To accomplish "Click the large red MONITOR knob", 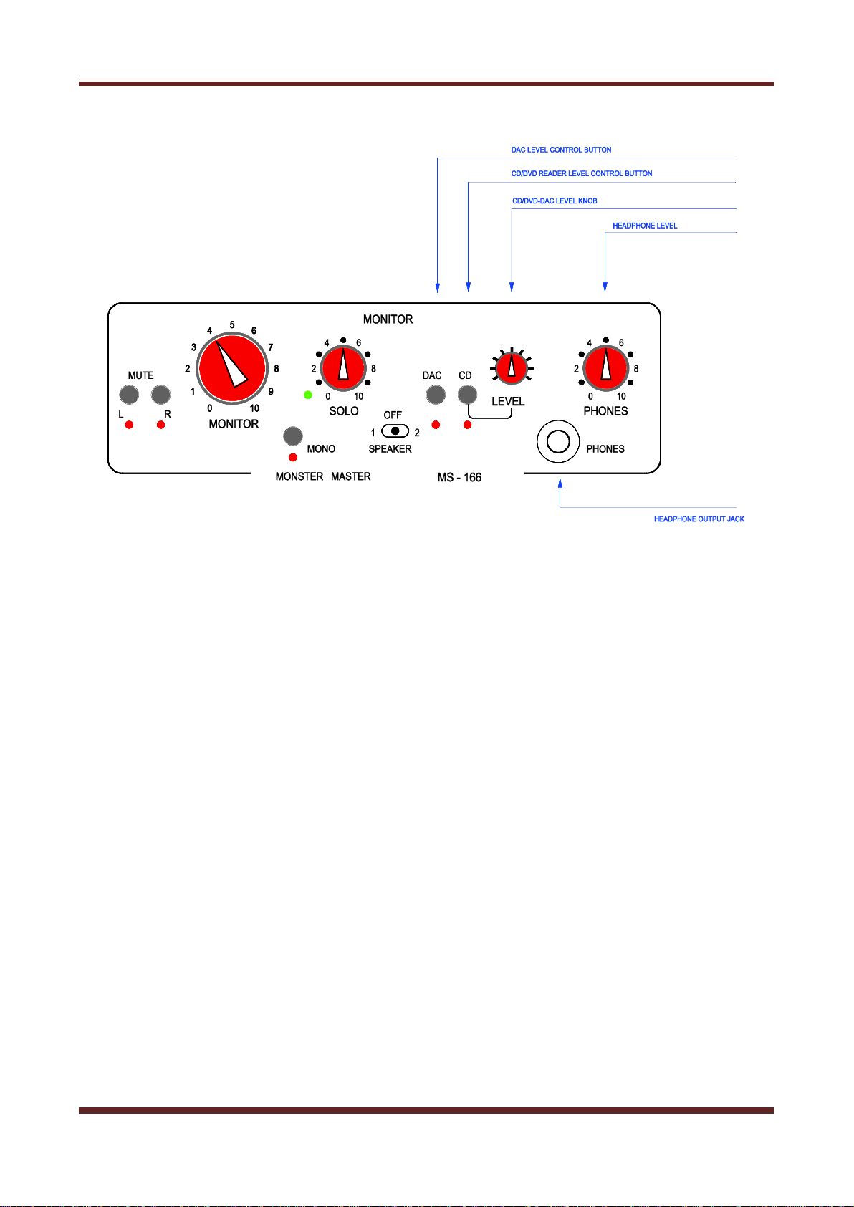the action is pyautogui.click(x=232, y=369).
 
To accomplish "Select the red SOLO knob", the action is pyautogui.click(x=343, y=369).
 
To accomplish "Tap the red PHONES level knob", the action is pyautogui.click(x=605, y=369).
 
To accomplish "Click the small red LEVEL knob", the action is pyautogui.click(x=512, y=368).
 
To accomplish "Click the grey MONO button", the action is pyautogui.click(x=292, y=436).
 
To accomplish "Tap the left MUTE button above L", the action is pyautogui.click(x=129, y=395).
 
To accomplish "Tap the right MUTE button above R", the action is pyautogui.click(x=160, y=395).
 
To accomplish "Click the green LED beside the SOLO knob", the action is pyautogui.click(x=307, y=395).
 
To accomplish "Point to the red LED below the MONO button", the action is pyautogui.click(x=292, y=458).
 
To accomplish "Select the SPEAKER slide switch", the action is pyautogui.click(x=395, y=431).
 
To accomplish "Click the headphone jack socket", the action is pyautogui.click(x=557, y=441).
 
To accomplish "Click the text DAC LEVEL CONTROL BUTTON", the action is pyautogui.click(x=561, y=150).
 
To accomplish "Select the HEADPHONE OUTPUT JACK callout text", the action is pyautogui.click(x=699, y=519).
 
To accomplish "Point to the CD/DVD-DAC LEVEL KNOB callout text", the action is pyautogui.click(x=555, y=201).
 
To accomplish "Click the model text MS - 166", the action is pyautogui.click(x=459, y=477).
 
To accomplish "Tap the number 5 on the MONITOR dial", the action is pyautogui.click(x=232, y=325).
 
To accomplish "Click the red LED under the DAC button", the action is pyautogui.click(x=436, y=425).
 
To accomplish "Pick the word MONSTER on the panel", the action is pyautogui.click(x=299, y=476).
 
